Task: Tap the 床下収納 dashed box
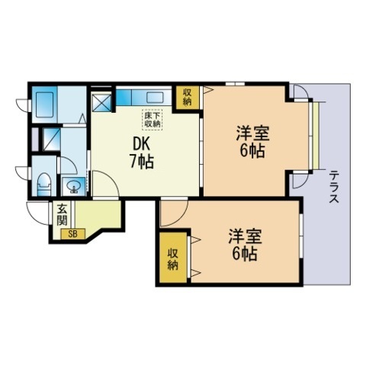(x=152, y=118)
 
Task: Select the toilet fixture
(x=43, y=182)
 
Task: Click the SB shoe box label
(x=74, y=233)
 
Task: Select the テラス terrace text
(x=334, y=188)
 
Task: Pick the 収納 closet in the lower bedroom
(x=173, y=259)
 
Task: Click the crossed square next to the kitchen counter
(x=101, y=103)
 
